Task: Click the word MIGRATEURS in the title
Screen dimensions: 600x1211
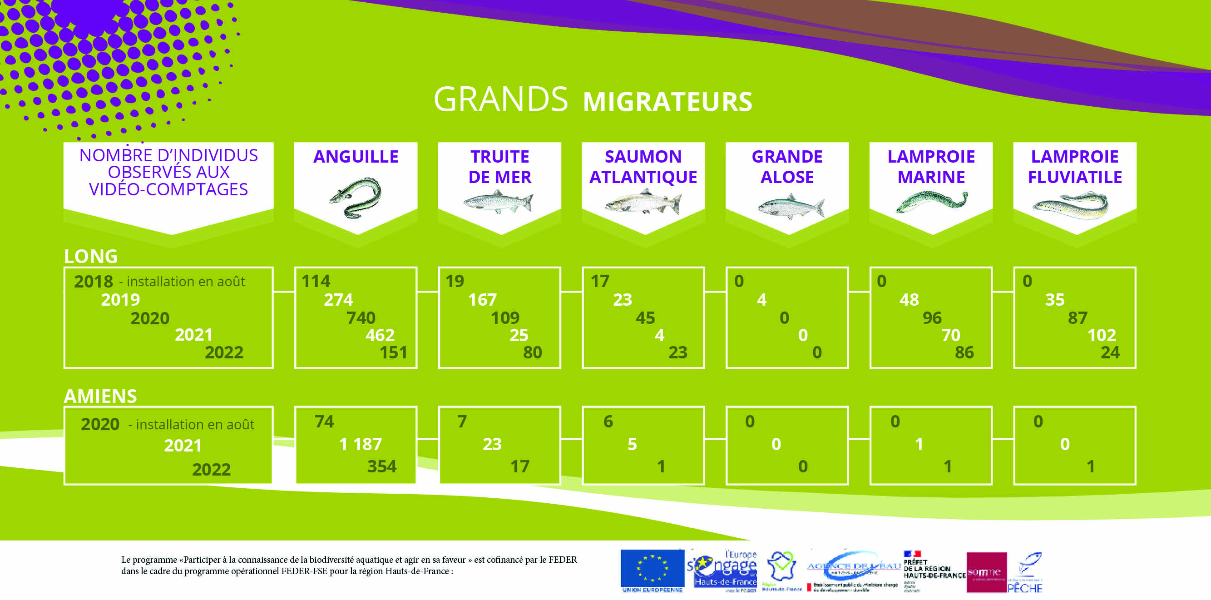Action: coord(667,102)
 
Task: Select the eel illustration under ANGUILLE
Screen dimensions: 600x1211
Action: coord(356,198)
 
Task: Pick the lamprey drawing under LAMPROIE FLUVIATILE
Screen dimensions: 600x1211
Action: coord(1070,205)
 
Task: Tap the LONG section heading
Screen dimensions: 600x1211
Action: coord(91,256)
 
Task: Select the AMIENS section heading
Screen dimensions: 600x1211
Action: coord(100,397)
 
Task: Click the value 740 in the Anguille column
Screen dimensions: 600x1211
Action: coord(361,318)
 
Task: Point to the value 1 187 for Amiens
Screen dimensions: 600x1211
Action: coord(360,444)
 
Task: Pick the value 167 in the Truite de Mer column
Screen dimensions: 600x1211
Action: coord(482,300)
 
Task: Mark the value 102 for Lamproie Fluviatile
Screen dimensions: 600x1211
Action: coord(1101,335)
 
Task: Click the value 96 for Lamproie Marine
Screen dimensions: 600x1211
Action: coord(932,318)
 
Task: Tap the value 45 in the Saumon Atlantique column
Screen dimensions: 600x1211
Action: coord(645,318)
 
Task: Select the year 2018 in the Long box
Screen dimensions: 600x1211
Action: coord(94,282)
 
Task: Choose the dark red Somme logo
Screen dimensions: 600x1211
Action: coord(986,572)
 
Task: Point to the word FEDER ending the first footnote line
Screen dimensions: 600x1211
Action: coord(562,560)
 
